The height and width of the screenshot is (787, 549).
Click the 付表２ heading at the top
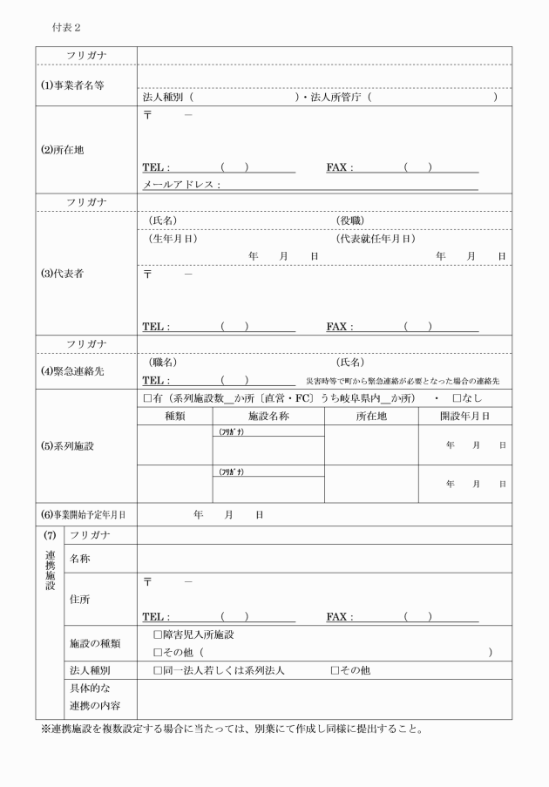(68, 28)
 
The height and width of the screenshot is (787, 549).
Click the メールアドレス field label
(180, 185)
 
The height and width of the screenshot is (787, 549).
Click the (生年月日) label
(173, 238)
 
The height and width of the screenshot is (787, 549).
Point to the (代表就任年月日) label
(375, 238)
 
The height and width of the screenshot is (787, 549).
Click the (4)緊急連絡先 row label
(72, 370)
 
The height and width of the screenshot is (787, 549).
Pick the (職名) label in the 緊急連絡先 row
(164, 362)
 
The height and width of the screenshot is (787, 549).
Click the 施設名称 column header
(268, 417)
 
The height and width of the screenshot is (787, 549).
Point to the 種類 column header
(175, 417)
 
